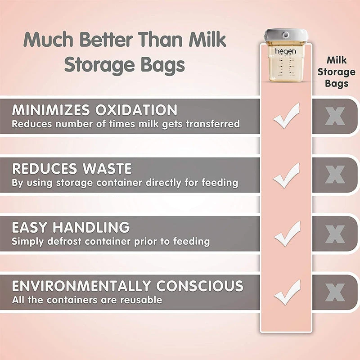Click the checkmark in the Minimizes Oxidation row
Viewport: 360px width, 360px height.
[286, 116]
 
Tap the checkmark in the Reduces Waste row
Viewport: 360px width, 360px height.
[286, 175]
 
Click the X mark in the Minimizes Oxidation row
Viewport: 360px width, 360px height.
[335, 116]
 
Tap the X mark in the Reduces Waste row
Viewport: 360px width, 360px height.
[335, 175]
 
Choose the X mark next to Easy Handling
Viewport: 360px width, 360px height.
[335, 234]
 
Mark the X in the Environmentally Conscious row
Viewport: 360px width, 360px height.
[335, 292]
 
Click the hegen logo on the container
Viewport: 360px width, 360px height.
[286, 51]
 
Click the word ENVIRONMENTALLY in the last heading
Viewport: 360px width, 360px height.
[81, 286]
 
